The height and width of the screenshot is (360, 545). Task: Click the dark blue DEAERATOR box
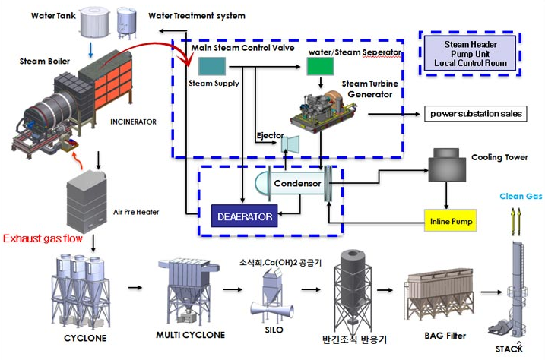pos(246,216)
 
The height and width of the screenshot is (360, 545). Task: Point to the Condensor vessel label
pos(294,183)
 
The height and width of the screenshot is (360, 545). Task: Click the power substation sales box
pos(476,114)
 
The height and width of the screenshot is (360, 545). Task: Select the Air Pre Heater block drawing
pos(94,199)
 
